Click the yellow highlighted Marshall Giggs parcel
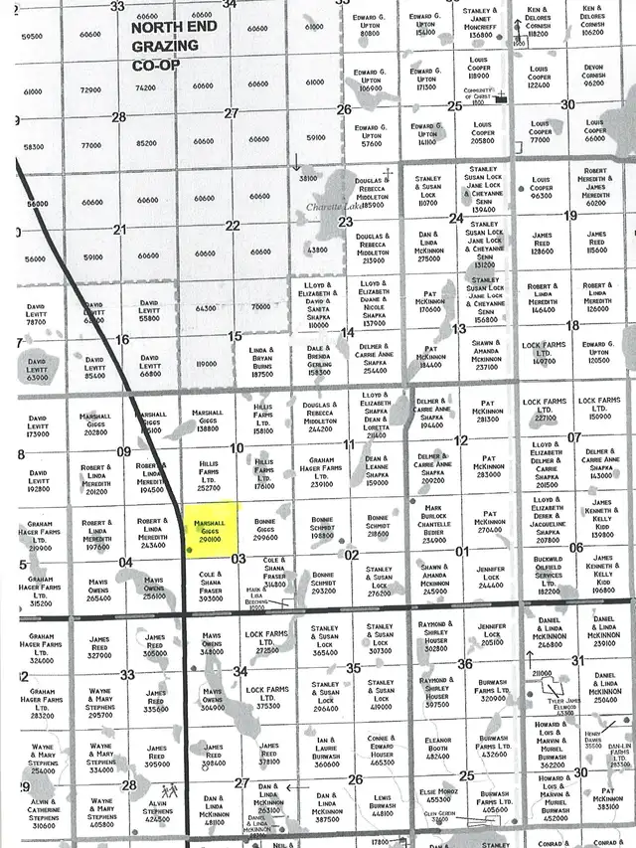click(x=210, y=529)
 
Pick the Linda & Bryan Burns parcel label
click(x=261, y=362)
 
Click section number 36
click(x=464, y=664)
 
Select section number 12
click(x=461, y=440)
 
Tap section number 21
click(x=119, y=230)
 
